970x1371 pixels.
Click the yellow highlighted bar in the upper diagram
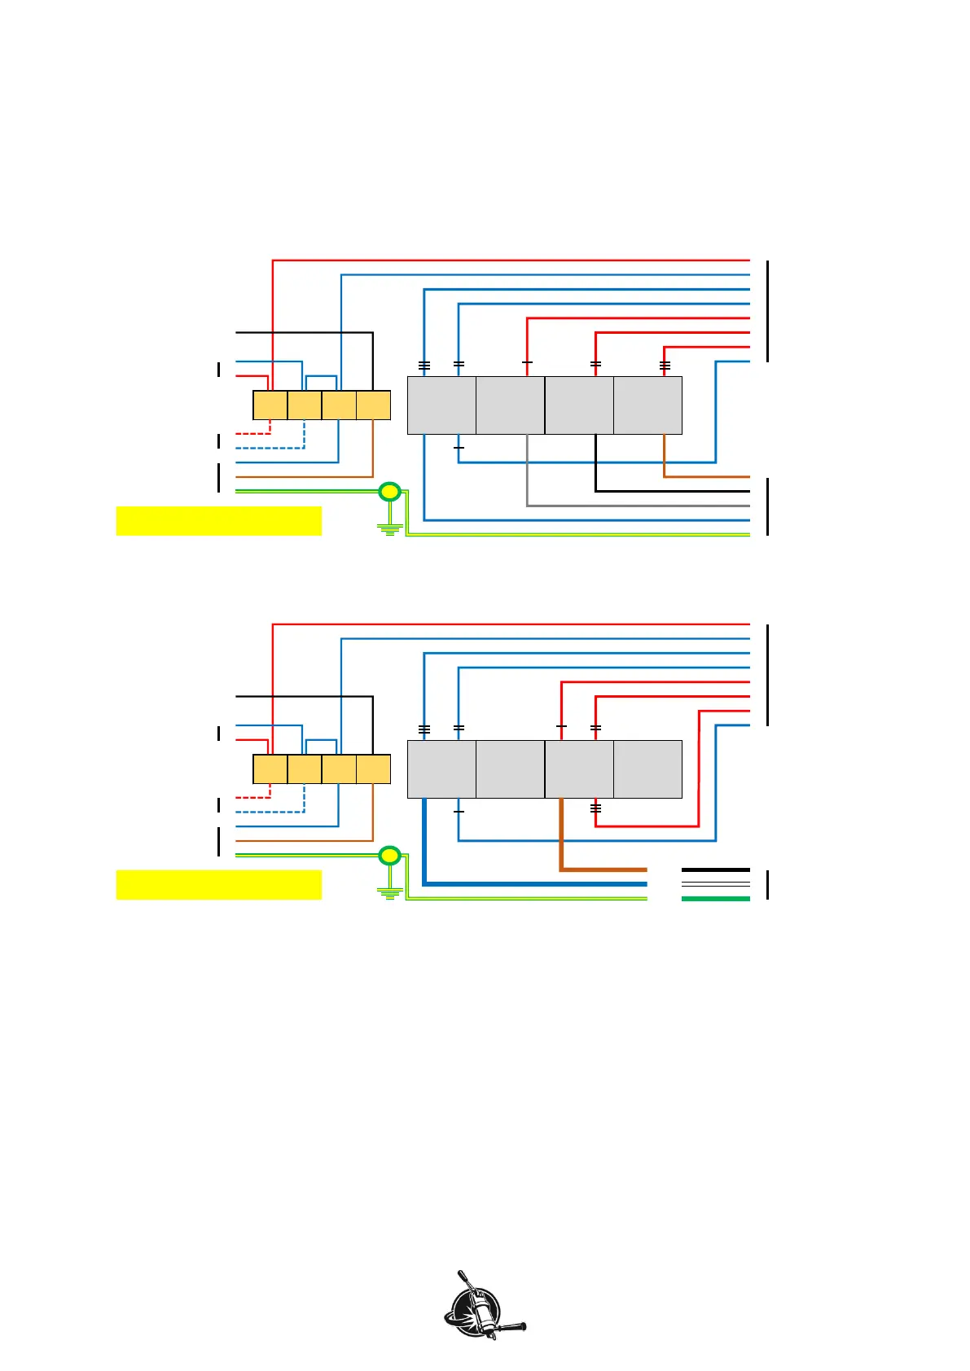pos(218,521)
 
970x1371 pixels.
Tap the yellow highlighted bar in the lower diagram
pos(218,885)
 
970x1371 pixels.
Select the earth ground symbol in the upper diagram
pos(391,528)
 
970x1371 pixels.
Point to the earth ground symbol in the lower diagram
pos(391,891)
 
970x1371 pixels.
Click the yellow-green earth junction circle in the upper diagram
pos(390,491)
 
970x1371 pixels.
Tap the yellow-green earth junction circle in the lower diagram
pos(390,855)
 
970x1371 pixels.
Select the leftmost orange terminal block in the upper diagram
pos(270,405)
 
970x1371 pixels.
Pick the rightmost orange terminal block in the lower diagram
pos(374,769)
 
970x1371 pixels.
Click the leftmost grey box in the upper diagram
pos(441,405)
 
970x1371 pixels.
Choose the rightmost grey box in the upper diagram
pos(647,405)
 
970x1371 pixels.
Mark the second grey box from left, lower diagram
pos(510,769)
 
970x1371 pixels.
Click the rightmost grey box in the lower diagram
pos(647,769)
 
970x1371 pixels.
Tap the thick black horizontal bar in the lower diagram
pos(715,869)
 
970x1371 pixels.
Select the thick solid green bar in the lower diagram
pos(715,899)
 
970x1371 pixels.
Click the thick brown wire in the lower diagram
pos(603,869)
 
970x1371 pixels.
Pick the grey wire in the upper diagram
pos(635,506)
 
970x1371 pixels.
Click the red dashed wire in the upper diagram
pos(252,433)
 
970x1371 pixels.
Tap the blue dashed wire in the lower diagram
pos(269,812)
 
